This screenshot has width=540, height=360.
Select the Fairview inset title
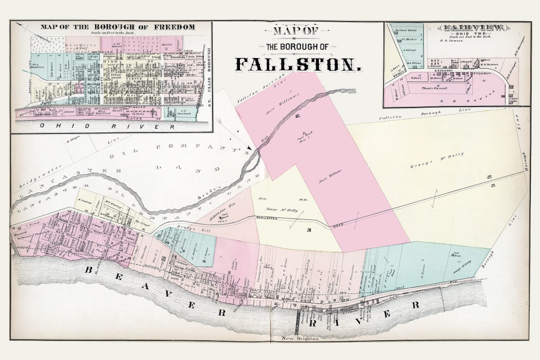(x=456, y=28)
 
